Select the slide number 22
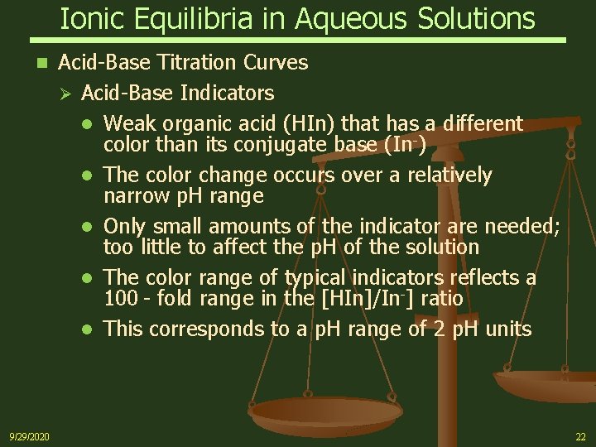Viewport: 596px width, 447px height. (579, 436)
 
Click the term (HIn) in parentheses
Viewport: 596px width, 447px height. (309, 124)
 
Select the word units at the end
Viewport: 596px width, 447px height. (507, 329)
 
